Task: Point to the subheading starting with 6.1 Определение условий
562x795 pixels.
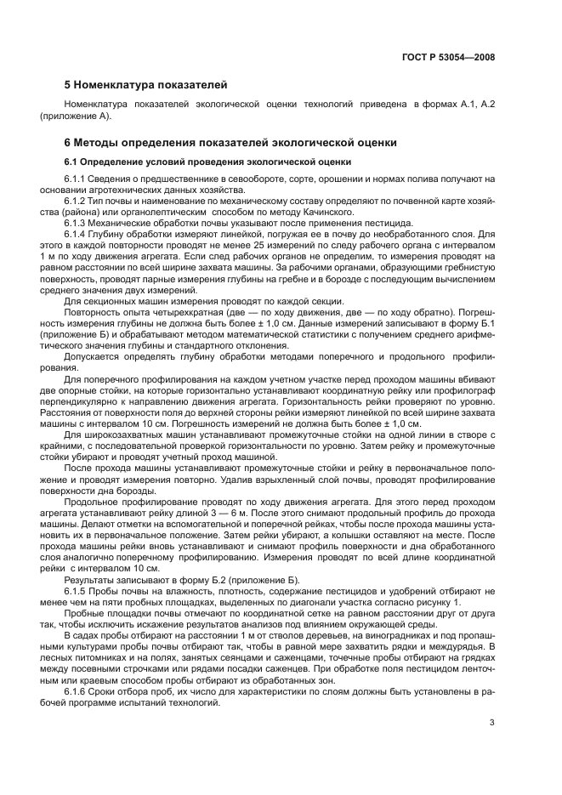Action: [208, 162]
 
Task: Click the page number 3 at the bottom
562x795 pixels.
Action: [491, 723]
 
